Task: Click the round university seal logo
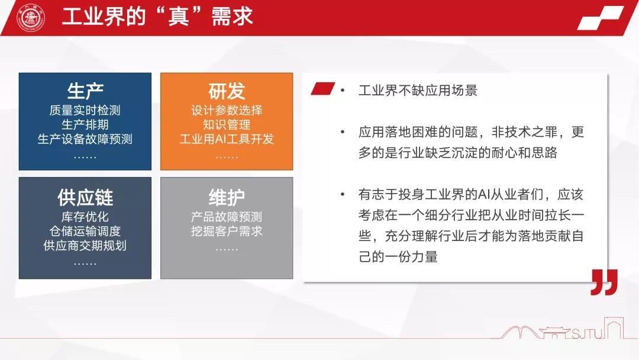tap(31, 18)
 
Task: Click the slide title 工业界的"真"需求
tap(158, 17)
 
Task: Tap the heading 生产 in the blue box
tap(85, 91)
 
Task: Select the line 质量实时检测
tap(85, 110)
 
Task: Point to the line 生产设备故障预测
tap(85, 139)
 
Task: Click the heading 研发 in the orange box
tap(227, 91)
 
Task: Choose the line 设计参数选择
tap(227, 110)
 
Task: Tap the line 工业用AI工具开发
tap(227, 139)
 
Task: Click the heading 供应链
tap(85, 198)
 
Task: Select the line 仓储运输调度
tap(85, 231)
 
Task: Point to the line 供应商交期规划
tap(85, 246)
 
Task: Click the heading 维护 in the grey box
tap(227, 198)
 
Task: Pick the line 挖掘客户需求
tap(227, 231)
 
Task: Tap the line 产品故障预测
tap(227, 217)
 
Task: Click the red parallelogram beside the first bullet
tap(323, 88)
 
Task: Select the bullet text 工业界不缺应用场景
tap(418, 90)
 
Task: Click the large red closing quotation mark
tap(604, 282)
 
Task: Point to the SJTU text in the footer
tap(588, 334)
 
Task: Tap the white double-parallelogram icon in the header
tap(601, 18)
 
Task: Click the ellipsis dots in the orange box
tap(227, 157)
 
